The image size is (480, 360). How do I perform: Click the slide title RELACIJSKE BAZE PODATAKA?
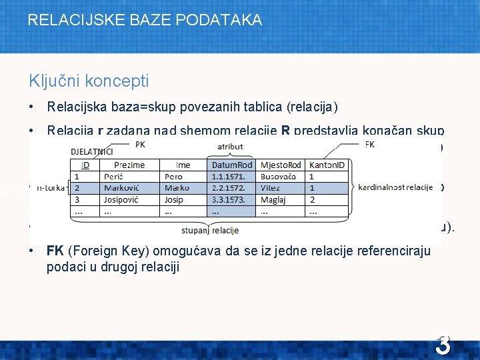[145, 20]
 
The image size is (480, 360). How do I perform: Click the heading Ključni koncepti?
[89, 81]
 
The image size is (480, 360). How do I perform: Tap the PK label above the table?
[140, 144]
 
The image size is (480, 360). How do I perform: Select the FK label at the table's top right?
[371, 144]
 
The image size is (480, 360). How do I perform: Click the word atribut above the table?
[230, 146]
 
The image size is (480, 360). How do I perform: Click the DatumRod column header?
[231, 165]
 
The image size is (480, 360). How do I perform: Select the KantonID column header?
[326, 165]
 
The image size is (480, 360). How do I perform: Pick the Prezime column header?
[129, 165]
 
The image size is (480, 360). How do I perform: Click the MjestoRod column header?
[281, 165]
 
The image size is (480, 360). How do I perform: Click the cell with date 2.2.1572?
[229, 188]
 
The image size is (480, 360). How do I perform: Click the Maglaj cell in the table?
[273, 199]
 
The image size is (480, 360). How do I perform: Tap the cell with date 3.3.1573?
[229, 199]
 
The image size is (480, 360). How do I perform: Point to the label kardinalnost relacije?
[395, 188]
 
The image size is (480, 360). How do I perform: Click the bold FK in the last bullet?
[55, 250]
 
